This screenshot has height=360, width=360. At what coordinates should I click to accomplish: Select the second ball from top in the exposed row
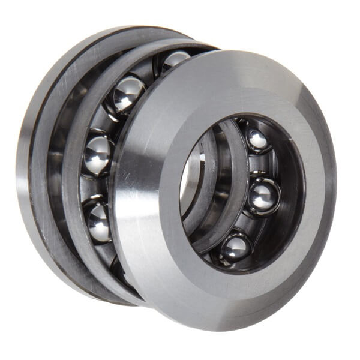[128, 94]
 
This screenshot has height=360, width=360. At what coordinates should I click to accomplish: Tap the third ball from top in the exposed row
[98, 155]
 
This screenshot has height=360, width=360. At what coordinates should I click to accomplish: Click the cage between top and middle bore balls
[264, 168]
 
